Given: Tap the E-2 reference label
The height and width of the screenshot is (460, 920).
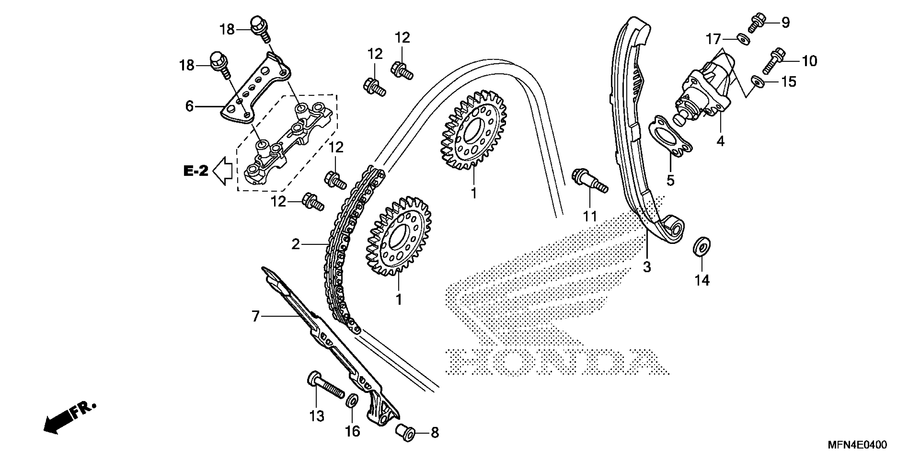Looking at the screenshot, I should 196,171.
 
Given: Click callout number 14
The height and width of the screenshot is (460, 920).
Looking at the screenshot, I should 702,280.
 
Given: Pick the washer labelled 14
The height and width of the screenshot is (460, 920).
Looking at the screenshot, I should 701,247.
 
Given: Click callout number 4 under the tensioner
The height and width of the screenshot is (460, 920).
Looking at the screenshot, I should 720,142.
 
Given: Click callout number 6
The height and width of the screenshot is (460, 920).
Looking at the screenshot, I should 189,106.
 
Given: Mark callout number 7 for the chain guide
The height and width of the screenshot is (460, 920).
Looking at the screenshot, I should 255,316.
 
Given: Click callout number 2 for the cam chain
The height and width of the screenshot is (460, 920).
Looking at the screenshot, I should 295,244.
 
